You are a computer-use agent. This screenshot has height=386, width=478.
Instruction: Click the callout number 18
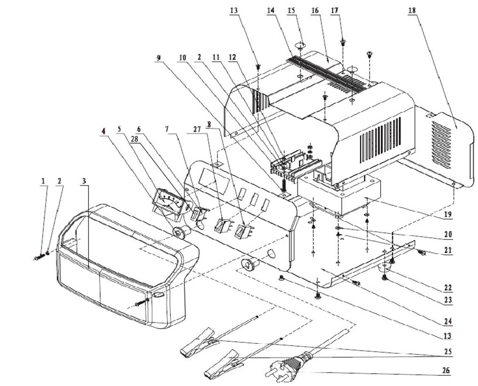[412, 10]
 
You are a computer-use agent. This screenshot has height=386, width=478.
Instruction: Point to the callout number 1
[43, 181]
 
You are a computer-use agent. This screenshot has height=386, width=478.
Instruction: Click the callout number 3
[84, 181]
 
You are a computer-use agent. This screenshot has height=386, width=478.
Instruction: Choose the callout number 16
[315, 10]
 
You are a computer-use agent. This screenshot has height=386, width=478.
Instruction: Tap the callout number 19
[447, 215]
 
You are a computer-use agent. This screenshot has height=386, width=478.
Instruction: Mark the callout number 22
[447, 287]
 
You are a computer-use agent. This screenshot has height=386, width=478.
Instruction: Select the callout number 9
[159, 58]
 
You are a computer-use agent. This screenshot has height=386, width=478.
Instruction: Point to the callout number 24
[447, 322]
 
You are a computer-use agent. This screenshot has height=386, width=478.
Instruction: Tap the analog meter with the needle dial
[167, 202]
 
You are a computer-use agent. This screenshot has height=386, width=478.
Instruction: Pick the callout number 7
[167, 129]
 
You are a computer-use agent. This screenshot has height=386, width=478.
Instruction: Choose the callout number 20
[447, 234]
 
